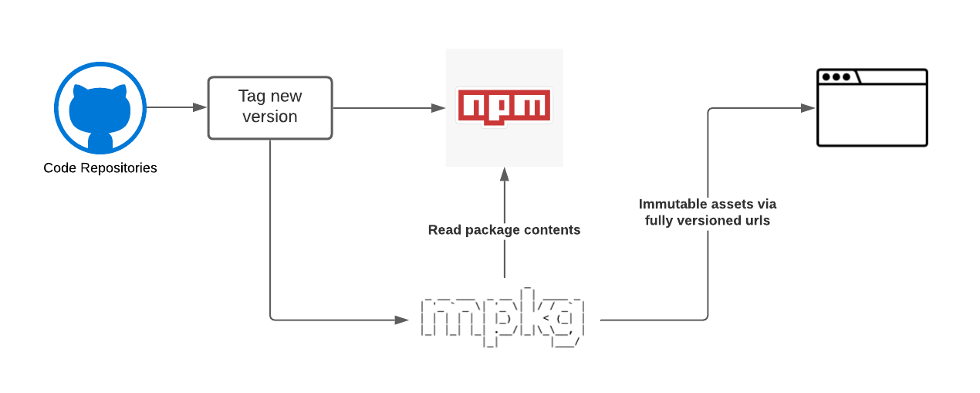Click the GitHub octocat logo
(100, 107)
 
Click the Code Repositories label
(100, 168)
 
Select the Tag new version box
(270, 107)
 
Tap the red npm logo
(504, 107)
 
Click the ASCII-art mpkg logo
(502, 317)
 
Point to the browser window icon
(872, 107)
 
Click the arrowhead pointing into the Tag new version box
(200, 107)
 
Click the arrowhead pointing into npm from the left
(438, 107)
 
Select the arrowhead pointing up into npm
(505, 174)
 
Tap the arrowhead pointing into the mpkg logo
(401, 320)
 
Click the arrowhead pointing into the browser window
(808, 107)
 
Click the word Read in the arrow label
(444, 230)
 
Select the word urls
(758, 220)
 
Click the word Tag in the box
(252, 97)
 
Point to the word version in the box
(270, 117)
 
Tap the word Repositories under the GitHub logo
(119, 168)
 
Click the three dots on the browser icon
(836, 77)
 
